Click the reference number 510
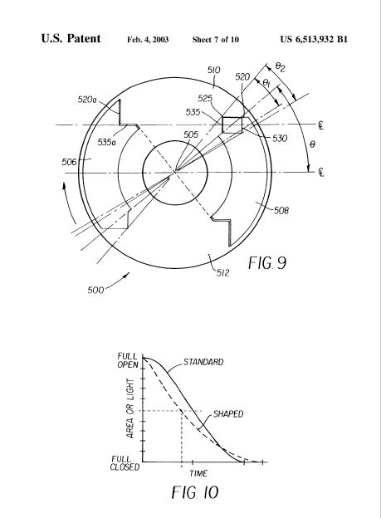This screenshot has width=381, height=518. tap(214, 70)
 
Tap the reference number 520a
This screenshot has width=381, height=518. tap(87, 99)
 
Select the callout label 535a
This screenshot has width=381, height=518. tap(107, 143)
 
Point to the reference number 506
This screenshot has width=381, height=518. tap(69, 162)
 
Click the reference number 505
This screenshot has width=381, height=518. tap(191, 134)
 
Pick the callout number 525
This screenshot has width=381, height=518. tap(205, 99)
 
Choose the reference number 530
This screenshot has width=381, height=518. tap(280, 138)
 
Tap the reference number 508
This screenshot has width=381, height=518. tap(281, 211)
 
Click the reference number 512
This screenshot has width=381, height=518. tap(223, 272)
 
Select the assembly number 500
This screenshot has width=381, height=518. tap(95, 290)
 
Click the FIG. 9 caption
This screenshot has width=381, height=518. tap(267, 263)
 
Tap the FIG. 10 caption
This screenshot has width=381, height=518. tap(195, 492)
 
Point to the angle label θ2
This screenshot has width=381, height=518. tap(280, 68)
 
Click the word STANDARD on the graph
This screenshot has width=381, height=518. tap(203, 362)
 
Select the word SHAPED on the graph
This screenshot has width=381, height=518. tap(228, 414)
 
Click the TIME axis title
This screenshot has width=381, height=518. tap(198, 473)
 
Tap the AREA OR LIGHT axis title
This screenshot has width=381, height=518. tap(130, 408)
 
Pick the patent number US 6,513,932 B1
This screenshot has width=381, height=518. tap(314, 39)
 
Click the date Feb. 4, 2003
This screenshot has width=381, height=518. tap(148, 40)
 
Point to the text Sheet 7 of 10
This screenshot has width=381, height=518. tap(216, 40)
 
